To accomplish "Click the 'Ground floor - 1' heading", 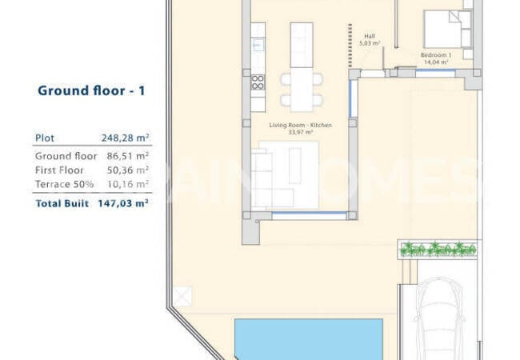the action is pos(91,91).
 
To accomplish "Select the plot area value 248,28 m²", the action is pos(125,138).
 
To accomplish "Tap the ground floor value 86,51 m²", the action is pos(128,156).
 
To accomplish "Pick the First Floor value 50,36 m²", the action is pos(128,170).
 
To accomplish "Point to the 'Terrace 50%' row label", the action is pos(64,184).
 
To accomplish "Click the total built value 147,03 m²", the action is pos(123,203).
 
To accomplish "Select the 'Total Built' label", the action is pos(62,203).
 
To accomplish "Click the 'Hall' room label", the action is pos(370,36).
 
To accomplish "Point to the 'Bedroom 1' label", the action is pos(436,55).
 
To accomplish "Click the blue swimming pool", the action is pos(309,339).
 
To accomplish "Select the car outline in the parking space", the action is pos(438,318).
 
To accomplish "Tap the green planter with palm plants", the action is pos(438,250).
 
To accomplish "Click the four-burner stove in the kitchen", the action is pos(258,82).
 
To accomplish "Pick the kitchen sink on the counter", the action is pos(258,45).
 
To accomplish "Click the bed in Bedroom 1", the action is pos(447,29).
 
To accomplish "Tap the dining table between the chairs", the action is pos(302,90).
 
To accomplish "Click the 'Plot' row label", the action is pos(45,138).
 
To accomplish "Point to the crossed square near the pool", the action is pos(182,296).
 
